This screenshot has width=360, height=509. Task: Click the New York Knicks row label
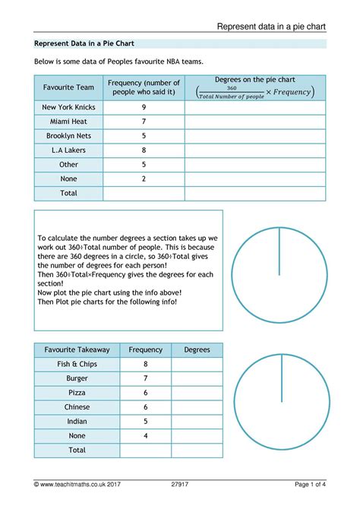click(68, 107)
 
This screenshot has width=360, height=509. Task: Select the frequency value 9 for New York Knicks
click(144, 107)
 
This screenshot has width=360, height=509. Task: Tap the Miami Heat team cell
click(68, 122)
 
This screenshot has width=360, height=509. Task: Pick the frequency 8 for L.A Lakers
click(144, 150)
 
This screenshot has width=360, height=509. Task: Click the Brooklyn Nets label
click(68, 136)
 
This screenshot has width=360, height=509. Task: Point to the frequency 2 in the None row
click(144, 179)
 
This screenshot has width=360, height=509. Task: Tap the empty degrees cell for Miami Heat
click(255, 122)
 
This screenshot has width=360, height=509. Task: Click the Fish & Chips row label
click(77, 364)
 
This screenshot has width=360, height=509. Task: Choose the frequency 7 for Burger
click(145, 378)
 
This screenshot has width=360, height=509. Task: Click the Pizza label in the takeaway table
click(77, 393)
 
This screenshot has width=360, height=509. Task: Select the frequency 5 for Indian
click(145, 421)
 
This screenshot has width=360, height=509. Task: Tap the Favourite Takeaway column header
click(77, 349)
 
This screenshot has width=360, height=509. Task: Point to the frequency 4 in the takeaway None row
click(145, 435)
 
